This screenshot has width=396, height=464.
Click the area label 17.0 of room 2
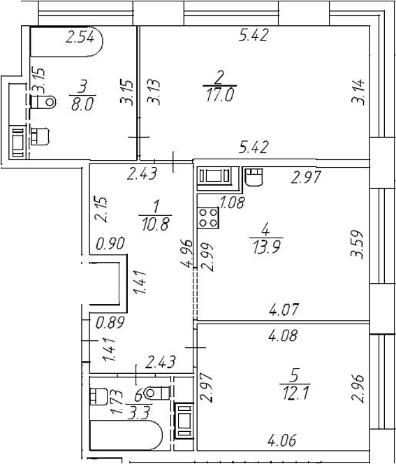point(220,95)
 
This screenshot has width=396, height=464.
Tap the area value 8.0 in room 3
point(82,104)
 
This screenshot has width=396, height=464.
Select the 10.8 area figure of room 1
point(155,224)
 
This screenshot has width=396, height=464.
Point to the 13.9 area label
point(267,247)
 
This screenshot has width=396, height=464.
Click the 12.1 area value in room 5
point(295,393)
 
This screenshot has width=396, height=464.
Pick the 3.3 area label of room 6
point(138,413)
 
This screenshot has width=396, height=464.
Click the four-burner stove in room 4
point(207,217)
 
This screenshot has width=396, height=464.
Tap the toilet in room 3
point(43,102)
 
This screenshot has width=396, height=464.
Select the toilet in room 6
point(156,393)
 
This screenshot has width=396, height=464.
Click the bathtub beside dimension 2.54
point(66,41)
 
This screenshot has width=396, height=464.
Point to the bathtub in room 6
point(126,435)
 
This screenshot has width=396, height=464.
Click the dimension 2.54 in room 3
point(80,37)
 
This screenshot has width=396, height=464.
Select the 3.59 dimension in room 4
point(357,245)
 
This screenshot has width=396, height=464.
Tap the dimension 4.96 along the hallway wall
point(187,253)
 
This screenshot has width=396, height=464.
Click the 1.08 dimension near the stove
point(232,203)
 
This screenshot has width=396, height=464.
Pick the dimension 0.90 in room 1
point(110,244)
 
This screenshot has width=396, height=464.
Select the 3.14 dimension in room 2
point(358,92)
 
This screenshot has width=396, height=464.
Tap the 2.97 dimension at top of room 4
point(306,177)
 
